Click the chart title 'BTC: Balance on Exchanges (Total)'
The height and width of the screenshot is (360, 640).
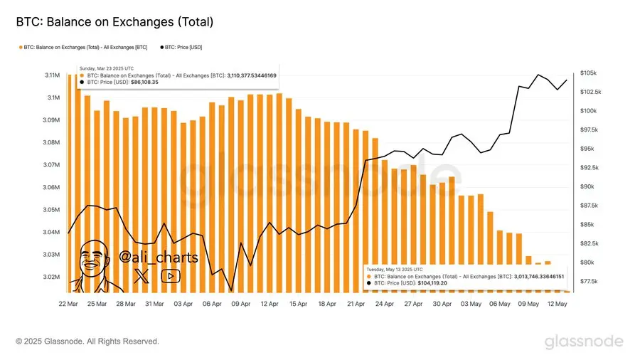[114, 23]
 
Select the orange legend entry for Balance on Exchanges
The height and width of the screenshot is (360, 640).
[84, 47]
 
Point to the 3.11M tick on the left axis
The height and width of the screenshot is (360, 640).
[50, 75]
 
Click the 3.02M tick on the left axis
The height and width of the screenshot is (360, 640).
[50, 277]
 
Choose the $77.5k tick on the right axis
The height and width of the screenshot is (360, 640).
[587, 282]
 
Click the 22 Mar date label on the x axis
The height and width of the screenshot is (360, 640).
[68, 303]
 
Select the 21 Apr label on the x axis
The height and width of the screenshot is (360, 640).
[356, 303]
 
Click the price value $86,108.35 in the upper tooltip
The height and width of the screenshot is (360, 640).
[144, 82]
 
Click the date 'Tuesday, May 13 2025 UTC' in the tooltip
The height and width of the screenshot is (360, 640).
[394, 270]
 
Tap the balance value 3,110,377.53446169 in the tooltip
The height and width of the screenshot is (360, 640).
[262, 75]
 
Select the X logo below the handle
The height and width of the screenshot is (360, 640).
[142, 277]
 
